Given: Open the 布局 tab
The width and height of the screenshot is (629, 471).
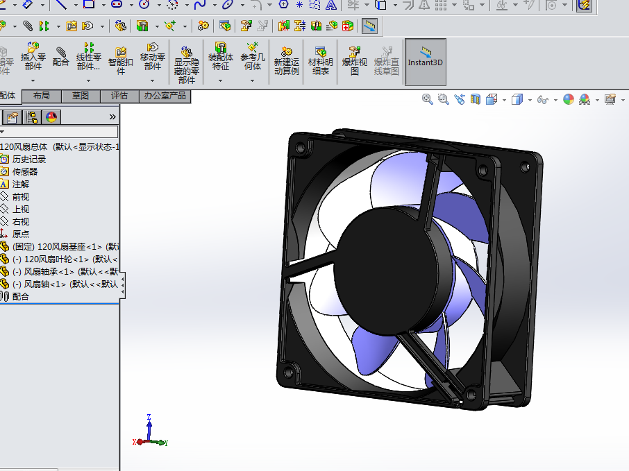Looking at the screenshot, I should coord(42,96).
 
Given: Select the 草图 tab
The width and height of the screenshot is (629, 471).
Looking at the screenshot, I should coord(81,96).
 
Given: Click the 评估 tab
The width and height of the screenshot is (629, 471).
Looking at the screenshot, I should coord(119,96).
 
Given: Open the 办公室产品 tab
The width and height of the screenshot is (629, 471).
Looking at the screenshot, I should coord(165,96).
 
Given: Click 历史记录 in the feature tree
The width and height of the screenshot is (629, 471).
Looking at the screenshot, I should coord(28,160).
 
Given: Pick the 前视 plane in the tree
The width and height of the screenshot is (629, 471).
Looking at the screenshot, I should coord(21,197).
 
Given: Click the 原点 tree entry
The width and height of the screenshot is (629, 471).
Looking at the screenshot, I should coord(21,234).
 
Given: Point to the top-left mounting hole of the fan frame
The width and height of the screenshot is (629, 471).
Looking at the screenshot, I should coord(301,148).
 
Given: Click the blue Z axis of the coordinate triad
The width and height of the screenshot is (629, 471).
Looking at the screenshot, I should coord(149,425).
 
